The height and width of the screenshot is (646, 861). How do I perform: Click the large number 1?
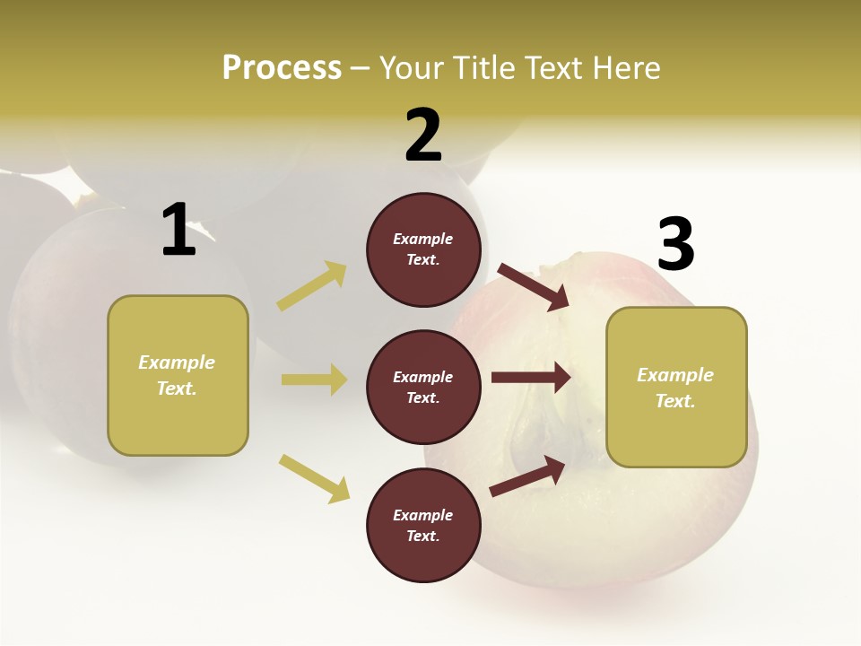(178, 230)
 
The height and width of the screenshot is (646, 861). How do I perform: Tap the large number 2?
(423, 135)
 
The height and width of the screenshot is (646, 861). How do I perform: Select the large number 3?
(675, 244)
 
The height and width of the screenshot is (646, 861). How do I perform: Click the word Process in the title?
(282, 67)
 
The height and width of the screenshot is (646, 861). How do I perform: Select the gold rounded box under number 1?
(178, 375)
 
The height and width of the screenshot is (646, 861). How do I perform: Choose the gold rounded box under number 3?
(676, 388)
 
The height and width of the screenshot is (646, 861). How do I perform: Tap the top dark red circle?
(423, 249)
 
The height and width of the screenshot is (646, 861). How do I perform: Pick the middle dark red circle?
(423, 388)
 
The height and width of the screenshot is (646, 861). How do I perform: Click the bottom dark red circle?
(423, 526)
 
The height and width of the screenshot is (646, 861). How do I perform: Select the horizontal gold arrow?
(314, 380)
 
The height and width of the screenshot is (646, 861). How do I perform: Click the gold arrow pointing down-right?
(315, 478)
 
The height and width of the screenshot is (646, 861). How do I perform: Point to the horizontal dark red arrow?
(531, 377)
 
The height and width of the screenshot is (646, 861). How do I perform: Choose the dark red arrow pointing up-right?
(527, 476)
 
